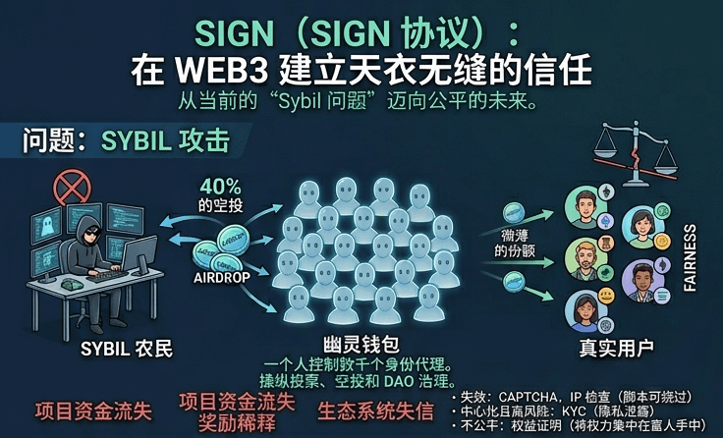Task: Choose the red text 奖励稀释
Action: coord(236,421)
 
